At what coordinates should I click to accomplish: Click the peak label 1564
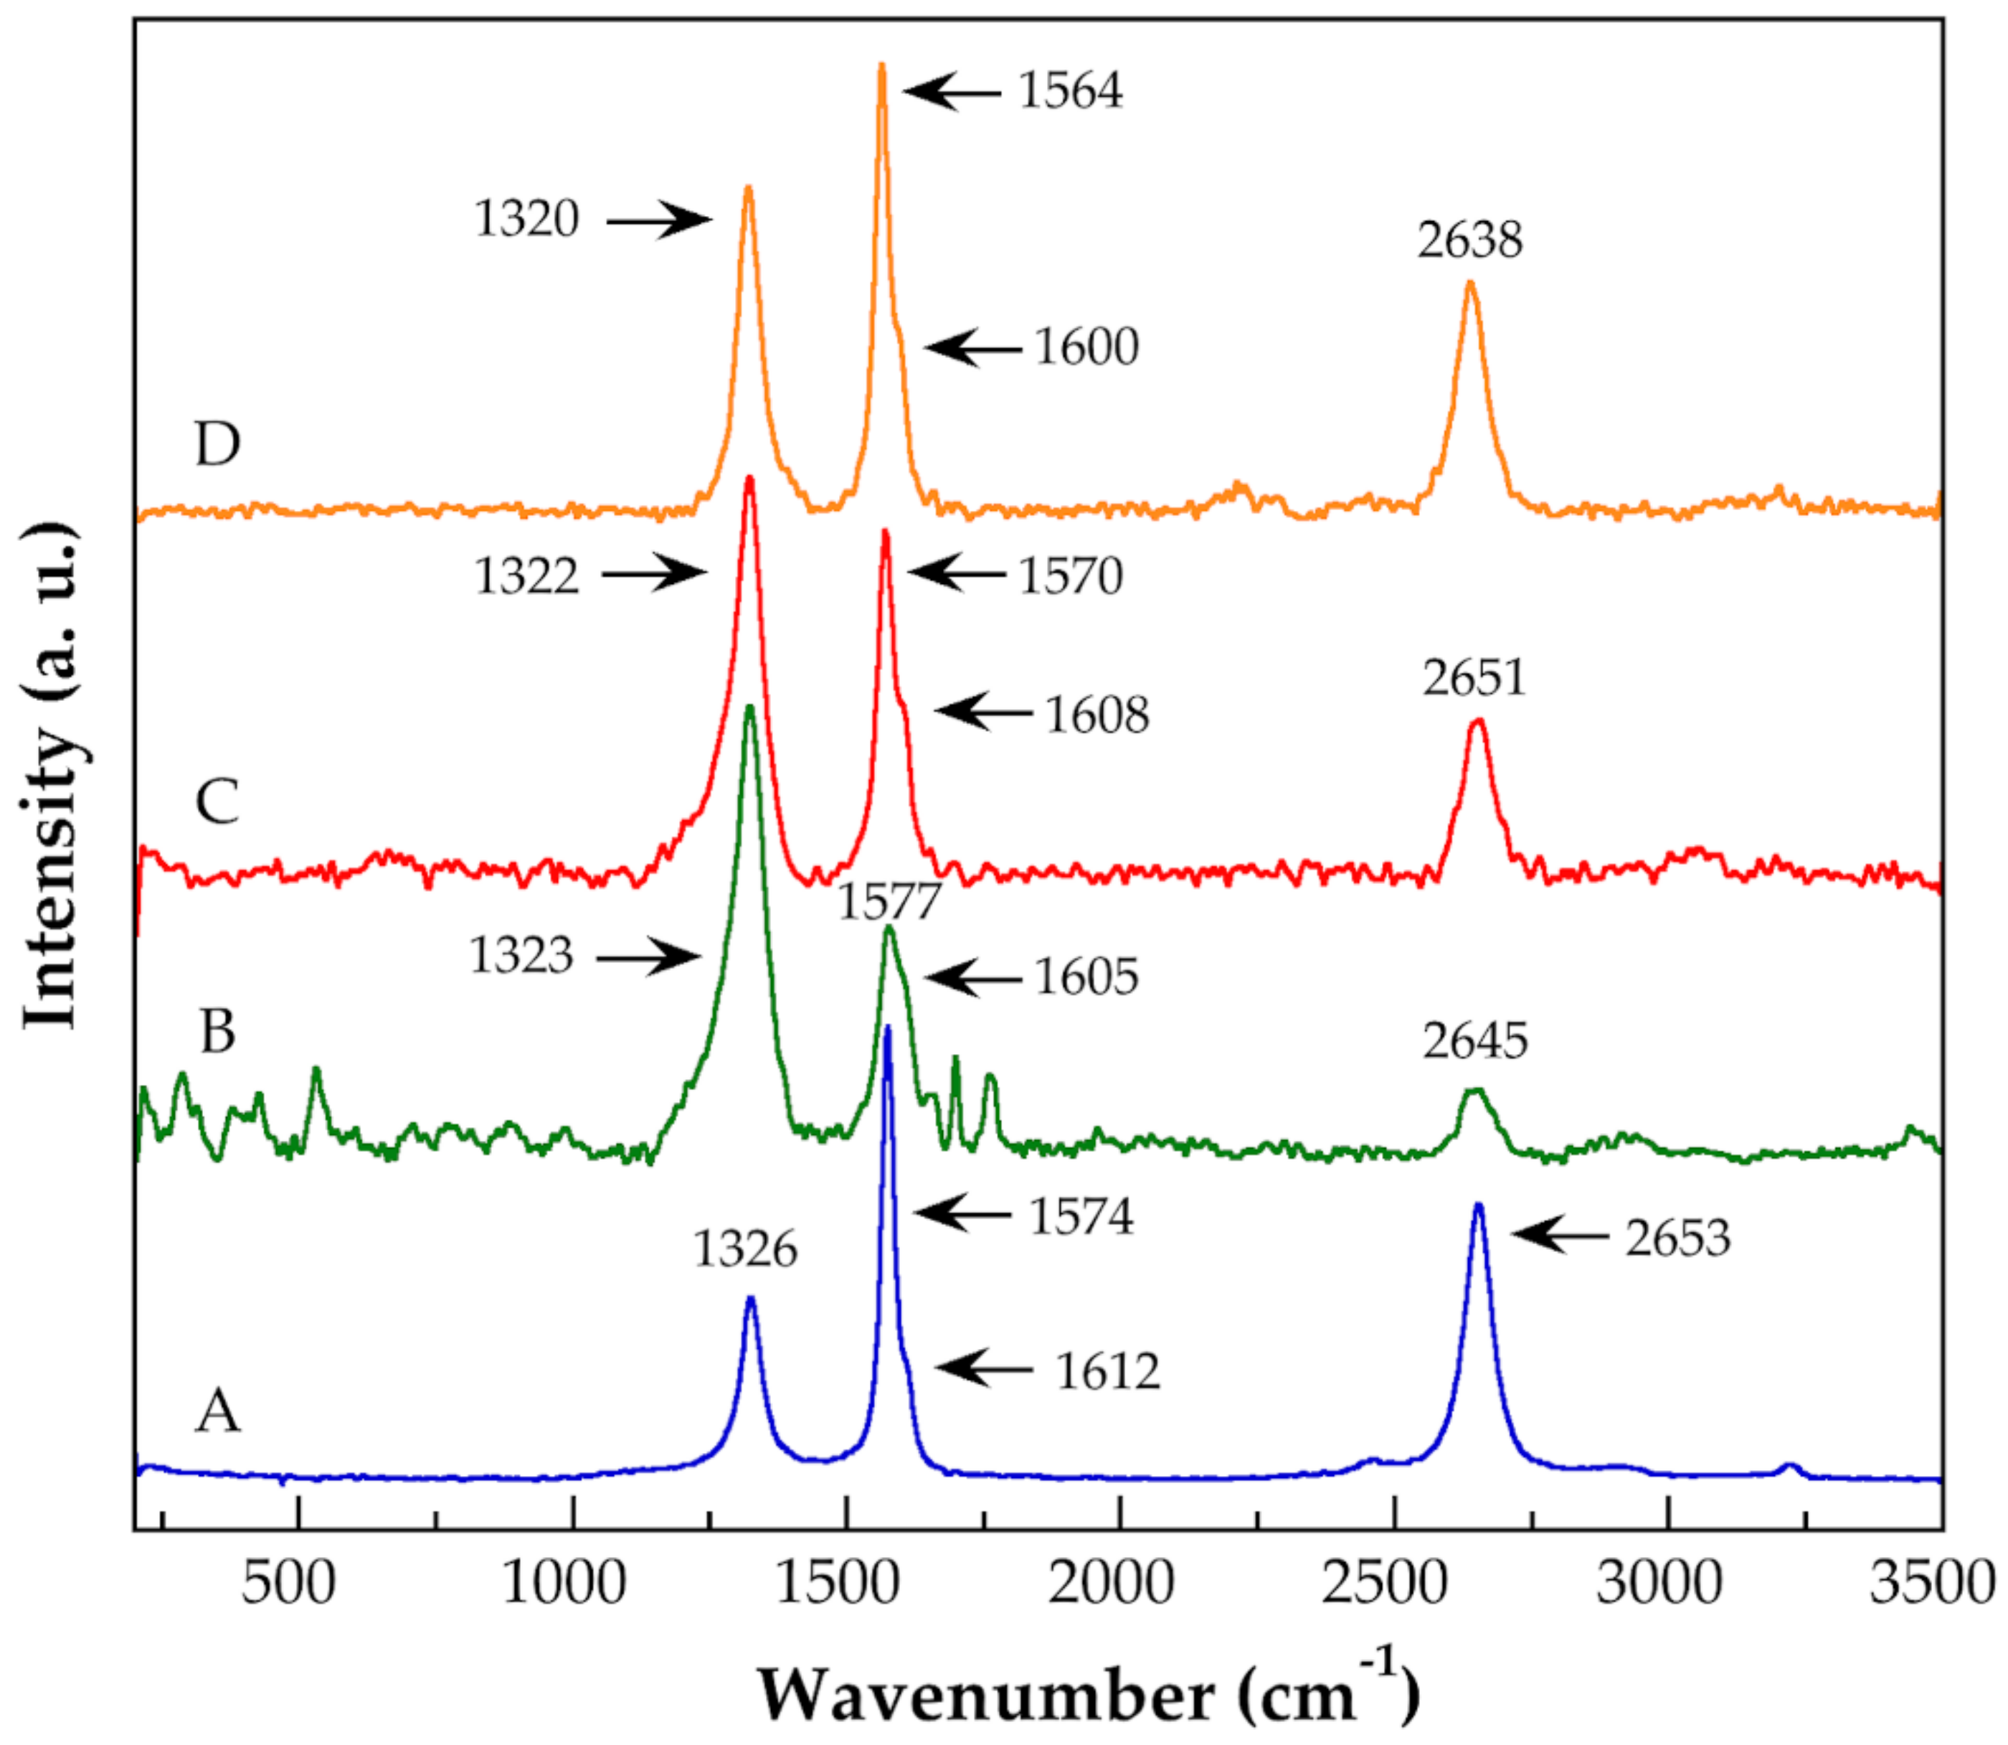pyautogui.click(x=1070, y=90)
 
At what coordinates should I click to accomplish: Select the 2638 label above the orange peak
pyautogui.click(x=1469, y=240)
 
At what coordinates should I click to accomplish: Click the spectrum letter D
pyautogui.click(x=217, y=444)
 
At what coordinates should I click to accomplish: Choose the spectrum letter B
pyautogui.click(x=217, y=1031)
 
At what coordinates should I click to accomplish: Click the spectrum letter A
pyautogui.click(x=217, y=1411)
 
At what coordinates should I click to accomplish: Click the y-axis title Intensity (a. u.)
pyautogui.click(x=51, y=775)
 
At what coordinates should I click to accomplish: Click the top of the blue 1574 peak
pyautogui.click(x=886, y=1029)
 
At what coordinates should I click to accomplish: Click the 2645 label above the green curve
pyautogui.click(x=1474, y=1041)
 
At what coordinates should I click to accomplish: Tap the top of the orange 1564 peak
pyautogui.click(x=882, y=66)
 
